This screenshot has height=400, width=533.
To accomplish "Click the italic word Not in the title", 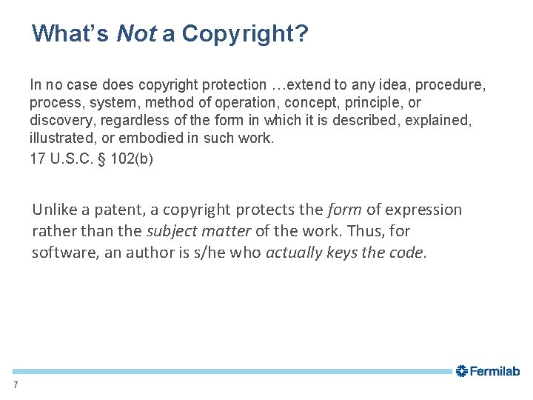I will [135, 33].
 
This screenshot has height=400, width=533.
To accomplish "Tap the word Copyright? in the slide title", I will [245, 33].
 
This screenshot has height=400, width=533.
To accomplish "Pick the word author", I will [145, 253].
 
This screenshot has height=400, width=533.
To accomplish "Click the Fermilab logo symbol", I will [461, 371].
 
